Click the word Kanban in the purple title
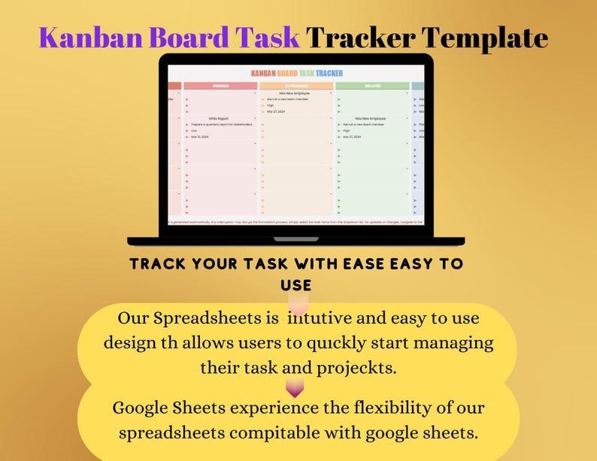[82, 37]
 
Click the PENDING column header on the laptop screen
[221, 86]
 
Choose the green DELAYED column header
[372, 86]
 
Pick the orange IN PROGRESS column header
[296, 86]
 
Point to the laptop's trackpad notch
[295, 239]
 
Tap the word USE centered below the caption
[295, 285]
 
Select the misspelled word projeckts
[358, 368]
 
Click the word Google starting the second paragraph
[141, 408]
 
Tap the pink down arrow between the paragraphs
[295, 388]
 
